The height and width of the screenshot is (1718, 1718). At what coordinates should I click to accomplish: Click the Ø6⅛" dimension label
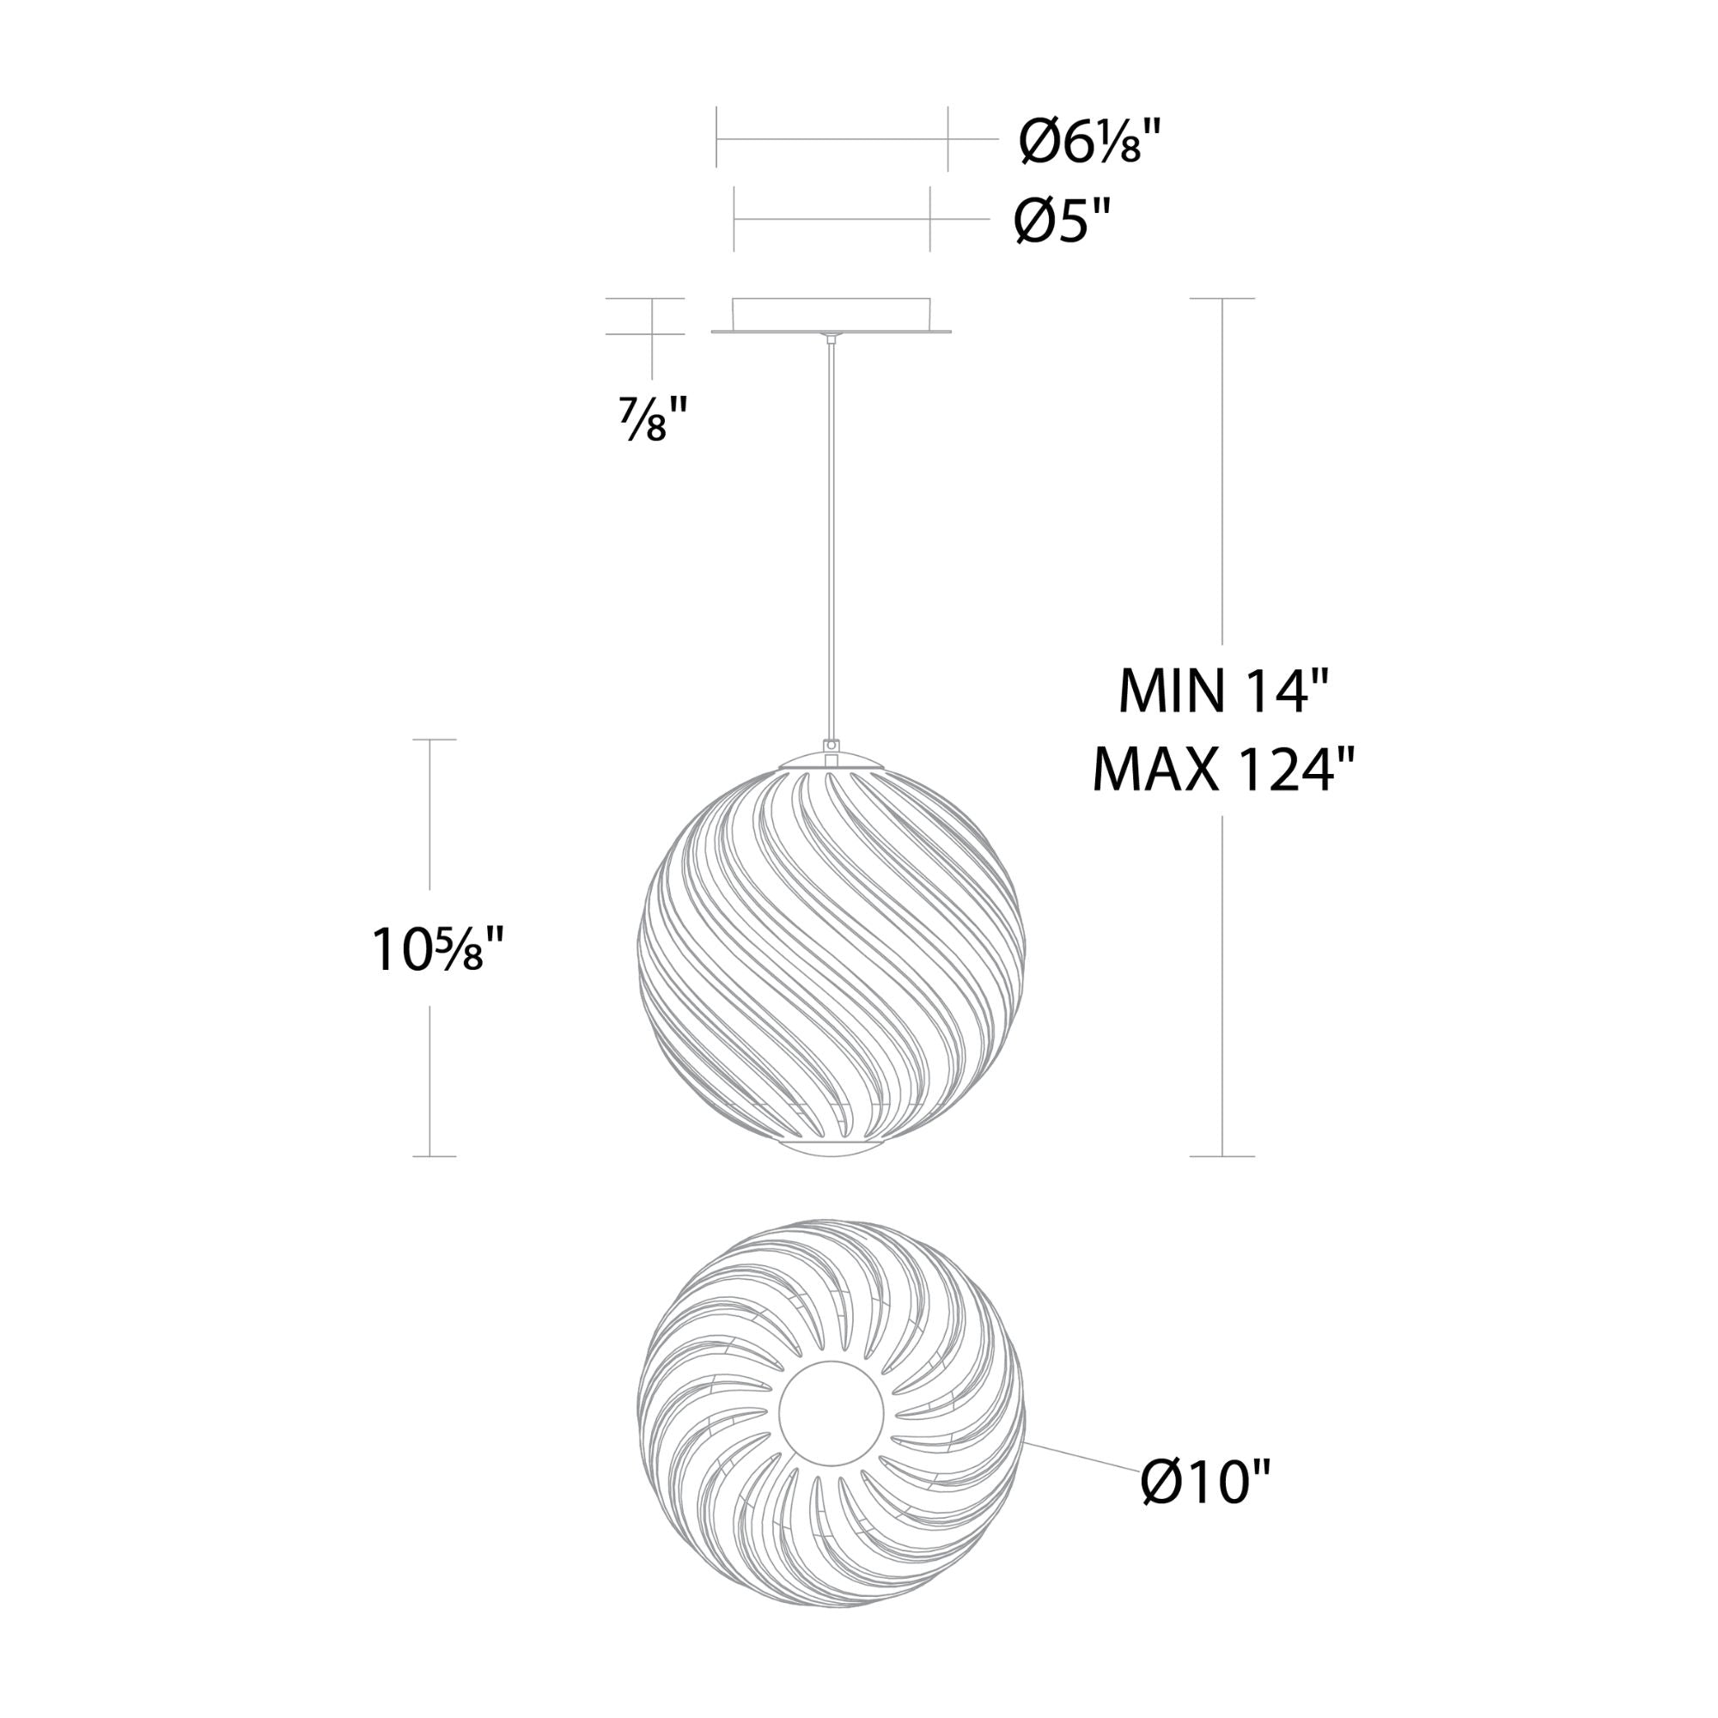[x=1090, y=143]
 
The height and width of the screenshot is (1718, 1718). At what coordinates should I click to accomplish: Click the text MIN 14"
[x=1223, y=691]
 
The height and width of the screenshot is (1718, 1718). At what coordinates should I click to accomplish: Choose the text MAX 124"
[x=1223, y=769]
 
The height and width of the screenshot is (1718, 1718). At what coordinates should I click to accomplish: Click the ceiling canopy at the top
[x=832, y=315]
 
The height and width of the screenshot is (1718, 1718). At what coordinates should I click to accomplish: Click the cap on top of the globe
[x=832, y=761]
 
